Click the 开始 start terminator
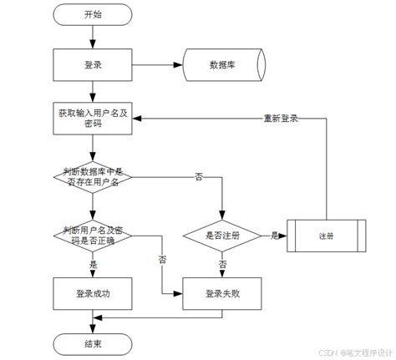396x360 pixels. tap(94, 15)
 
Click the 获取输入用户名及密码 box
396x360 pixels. tap(94, 119)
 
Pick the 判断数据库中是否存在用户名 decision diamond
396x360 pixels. tap(94, 177)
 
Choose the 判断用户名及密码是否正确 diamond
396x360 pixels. tap(94, 235)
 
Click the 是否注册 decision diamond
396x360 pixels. tap(222, 236)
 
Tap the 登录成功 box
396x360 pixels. tap(94, 293)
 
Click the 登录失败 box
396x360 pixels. tap(222, 293)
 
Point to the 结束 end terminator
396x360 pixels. tap(94, 343)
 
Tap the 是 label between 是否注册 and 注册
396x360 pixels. tap(274, 236)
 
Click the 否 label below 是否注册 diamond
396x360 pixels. tap(222, 264)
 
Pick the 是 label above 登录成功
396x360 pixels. tap(94, 264)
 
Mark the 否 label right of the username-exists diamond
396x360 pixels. tap(198, 177)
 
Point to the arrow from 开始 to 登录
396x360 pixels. tap(94, 37)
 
